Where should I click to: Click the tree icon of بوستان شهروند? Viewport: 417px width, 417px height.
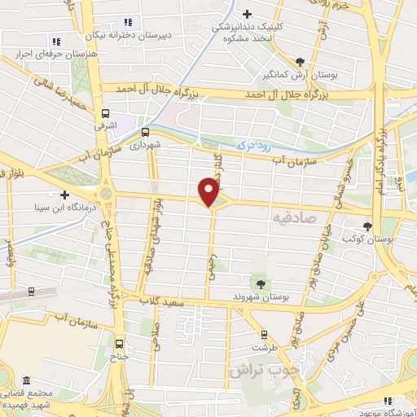tap(260, 283)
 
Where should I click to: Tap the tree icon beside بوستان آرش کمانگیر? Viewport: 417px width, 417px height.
tap(301, 62)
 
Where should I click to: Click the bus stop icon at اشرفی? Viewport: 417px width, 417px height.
tap(105, 114)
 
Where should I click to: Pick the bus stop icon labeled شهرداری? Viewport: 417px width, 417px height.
tap(145, 131)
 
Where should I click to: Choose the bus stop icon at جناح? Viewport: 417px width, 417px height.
tap(120, 344)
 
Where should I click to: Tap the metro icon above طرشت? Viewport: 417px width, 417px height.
tap(263, 333)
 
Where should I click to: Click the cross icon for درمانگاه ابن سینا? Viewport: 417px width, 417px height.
tap(64, 195)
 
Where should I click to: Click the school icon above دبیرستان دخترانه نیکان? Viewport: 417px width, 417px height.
tap(126, 22)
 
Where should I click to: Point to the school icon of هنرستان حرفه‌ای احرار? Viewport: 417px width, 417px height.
tap(56, 41)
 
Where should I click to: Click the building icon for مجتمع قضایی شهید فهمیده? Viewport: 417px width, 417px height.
tap(27, 381)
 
